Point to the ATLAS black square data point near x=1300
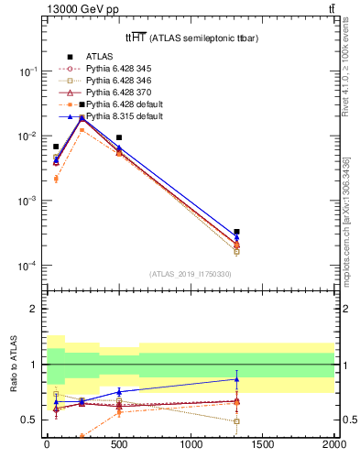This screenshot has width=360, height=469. tap(236, 232)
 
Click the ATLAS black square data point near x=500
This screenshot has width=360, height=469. tap(119, 137)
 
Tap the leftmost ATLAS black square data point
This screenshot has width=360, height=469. tap(56, 147)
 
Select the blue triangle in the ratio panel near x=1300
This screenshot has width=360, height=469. tap(236, 379)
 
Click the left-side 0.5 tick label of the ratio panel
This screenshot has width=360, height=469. tap(29, 420)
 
